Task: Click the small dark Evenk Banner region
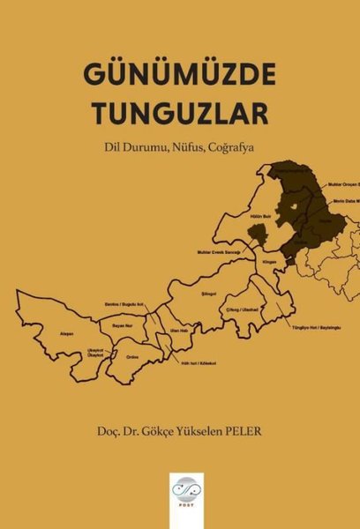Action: [x=257, y=234]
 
